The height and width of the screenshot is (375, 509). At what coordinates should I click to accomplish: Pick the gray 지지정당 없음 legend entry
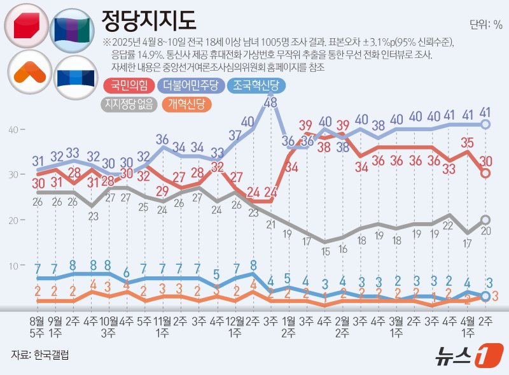coord(129,104)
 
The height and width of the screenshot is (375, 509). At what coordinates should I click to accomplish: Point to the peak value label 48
coord(270,102)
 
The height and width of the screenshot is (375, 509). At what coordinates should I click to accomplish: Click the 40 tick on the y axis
coord(13,130)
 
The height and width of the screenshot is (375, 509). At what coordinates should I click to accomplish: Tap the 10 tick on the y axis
coord(13,265)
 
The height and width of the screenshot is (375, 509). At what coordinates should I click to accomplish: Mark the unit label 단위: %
coord(486,25)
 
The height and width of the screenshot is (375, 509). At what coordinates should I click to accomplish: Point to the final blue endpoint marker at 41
coord(485,125)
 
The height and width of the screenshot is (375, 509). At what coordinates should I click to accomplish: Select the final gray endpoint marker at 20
coord(485,220)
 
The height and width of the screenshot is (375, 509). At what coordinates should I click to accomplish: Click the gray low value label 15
coord(325,251)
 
